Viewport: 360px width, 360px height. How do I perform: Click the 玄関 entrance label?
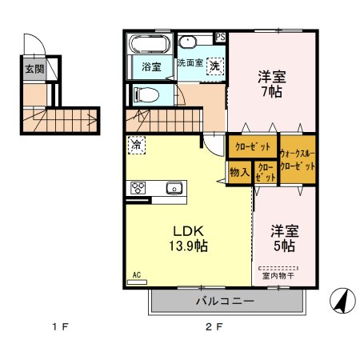click(34, 69)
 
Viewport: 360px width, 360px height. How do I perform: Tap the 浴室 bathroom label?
click(151, 66)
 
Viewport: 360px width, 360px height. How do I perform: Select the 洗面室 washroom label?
click(190, 62)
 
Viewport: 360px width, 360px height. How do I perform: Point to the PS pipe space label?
click(221, 37)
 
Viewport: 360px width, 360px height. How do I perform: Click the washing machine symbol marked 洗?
click(214, 67)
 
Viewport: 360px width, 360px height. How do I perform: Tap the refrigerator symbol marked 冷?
click(136, 146)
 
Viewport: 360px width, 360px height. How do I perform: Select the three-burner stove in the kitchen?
click(137, 189)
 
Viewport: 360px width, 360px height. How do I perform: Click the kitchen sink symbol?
click(173, 189)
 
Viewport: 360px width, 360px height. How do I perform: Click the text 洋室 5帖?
click(283, 238)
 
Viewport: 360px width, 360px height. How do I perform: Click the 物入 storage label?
click(239, 172)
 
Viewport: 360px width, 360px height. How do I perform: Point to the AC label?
click(136, 275)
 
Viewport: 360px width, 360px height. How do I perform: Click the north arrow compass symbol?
click(342, 301)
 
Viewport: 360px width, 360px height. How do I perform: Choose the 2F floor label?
click(212, 328)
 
